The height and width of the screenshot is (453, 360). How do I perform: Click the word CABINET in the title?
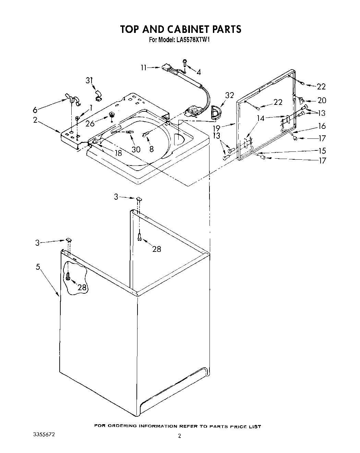180,29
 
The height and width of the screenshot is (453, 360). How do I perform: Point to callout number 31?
89,80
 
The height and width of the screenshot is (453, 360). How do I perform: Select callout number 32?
230,95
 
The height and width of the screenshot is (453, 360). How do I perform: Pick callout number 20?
322,101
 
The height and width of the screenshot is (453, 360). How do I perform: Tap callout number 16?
322,126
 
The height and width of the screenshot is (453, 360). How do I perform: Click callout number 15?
322,151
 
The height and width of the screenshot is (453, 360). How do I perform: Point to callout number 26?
90,123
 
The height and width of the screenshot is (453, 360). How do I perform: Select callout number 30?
136,149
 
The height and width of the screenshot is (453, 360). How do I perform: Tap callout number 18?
118,153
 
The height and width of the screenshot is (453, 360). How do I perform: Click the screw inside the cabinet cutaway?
68,276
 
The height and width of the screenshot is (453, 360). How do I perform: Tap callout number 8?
152,149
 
